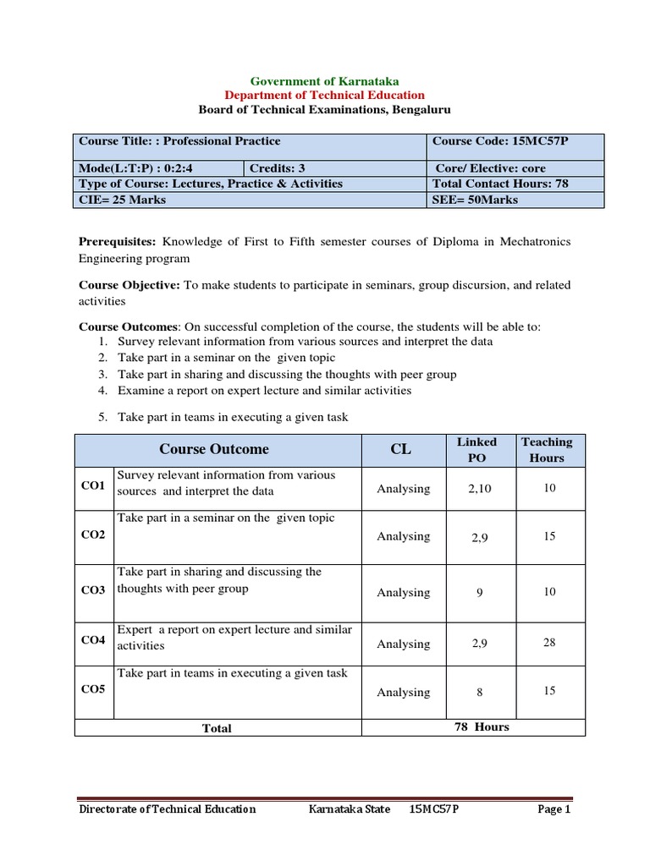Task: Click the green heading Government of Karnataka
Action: click(325, 80)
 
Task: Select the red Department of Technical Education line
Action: click(325, 95)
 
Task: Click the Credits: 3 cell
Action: click(278, 167)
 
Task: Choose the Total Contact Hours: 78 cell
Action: click(500, 184)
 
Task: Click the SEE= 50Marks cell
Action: click(476, 200)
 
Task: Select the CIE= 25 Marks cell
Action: click(123, 200)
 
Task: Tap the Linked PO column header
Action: click(476, 449)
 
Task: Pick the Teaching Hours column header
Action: click(547, 449)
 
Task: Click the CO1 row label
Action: click(92, 486)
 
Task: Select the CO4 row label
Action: click(92, 640)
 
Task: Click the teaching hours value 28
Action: click(549, 643)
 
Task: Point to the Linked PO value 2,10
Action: click(479, 489)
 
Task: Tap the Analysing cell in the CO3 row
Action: click(403, 593)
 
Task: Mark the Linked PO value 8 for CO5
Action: click(479, 692)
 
